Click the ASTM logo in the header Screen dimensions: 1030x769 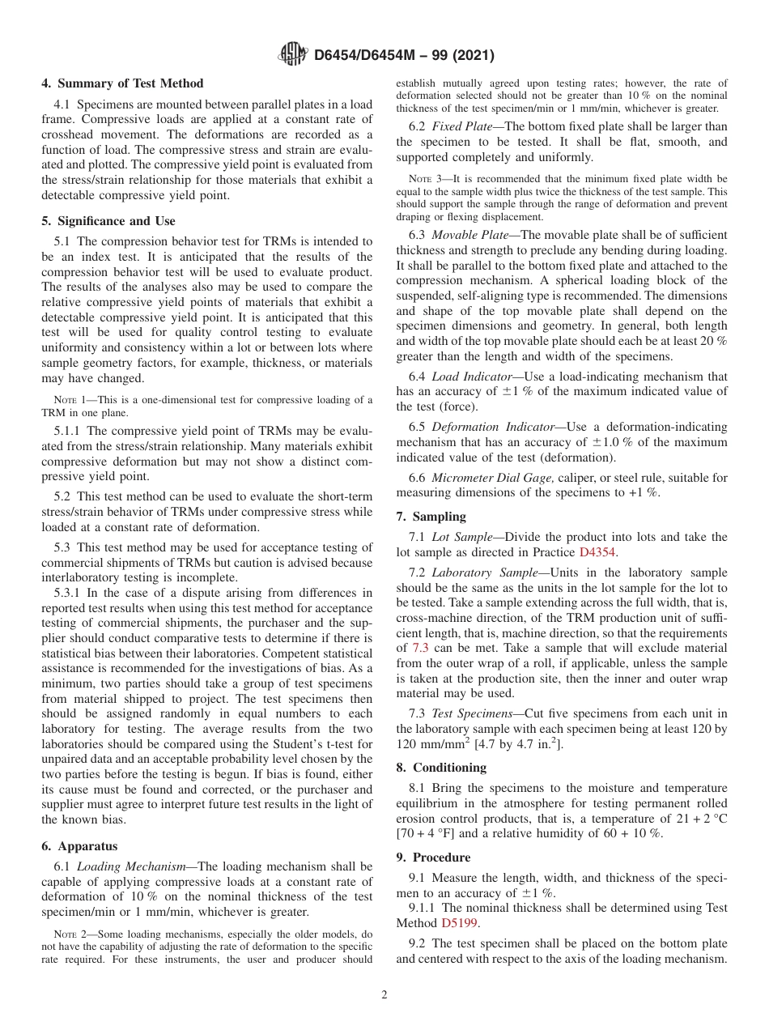click(x=292, y=55)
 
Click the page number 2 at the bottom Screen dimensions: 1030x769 click(x=384, y=995)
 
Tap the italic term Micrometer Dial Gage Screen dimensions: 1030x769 click(x=492, y=478)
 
